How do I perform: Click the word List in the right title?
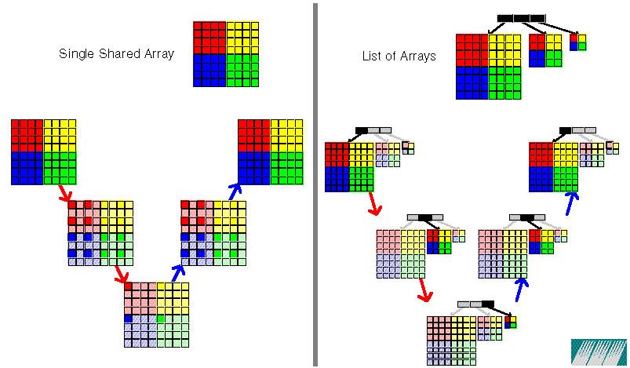[x=372, y=56]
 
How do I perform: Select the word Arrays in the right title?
[x=418, y=56]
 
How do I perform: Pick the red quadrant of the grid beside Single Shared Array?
[x=209, y=37]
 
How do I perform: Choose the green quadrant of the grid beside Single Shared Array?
[x=242, y=70]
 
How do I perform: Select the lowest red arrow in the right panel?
[x=424, y=290]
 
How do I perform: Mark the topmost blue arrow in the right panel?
[x=572, y=204]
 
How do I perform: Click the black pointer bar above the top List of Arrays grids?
[x=521, y=17]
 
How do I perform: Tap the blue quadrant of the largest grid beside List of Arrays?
[x=472, y=82]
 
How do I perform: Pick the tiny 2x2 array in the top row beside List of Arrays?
[x=577, y=42]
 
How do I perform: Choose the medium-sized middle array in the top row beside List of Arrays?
[x=545, y=50]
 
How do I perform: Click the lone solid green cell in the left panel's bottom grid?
[x=161, y=319]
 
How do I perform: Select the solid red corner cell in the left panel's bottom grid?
[x=128, y=287]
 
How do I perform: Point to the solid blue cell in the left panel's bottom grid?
[x=128, y=319]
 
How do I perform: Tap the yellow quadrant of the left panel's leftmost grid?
[x=60, y=135]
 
